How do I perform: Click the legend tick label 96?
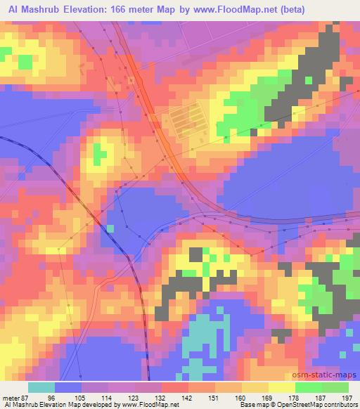[51, 398]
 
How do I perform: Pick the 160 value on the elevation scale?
[240, 398]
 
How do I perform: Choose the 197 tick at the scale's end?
[347, 398]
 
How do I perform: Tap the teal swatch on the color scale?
[41, 387]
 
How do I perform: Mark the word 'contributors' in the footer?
[342, 405]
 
